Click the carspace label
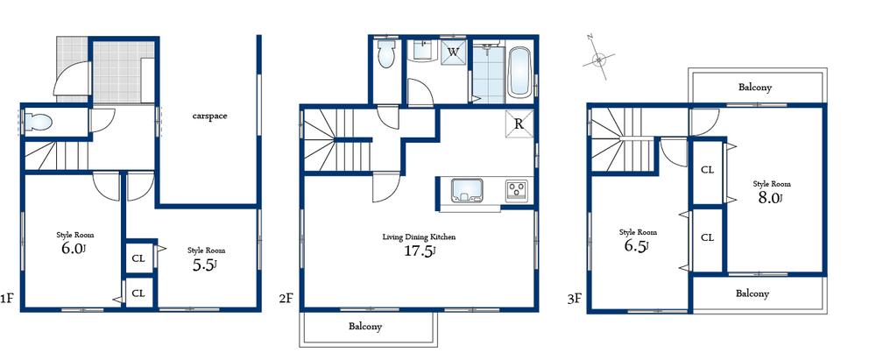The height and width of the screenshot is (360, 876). (210, 116)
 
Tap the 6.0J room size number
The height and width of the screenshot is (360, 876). (73, 249)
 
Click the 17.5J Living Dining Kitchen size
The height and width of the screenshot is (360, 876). (419, 251)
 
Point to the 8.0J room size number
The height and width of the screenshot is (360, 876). (770, 198)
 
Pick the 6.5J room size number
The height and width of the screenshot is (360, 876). (635, 247)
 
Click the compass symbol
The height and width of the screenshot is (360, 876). (599, 60)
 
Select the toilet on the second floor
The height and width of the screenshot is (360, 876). (385, 56)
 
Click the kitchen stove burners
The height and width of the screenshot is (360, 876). (514, 189)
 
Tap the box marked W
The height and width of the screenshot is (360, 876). (454, 52)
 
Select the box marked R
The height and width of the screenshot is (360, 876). (519, 124)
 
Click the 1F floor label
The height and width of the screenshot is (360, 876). (7, 299)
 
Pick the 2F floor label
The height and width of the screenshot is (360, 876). (286, 299)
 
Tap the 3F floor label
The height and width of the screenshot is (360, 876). (574, 299)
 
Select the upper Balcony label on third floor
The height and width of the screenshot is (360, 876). (754, 88)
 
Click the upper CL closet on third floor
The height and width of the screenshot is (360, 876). (707, 169)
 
